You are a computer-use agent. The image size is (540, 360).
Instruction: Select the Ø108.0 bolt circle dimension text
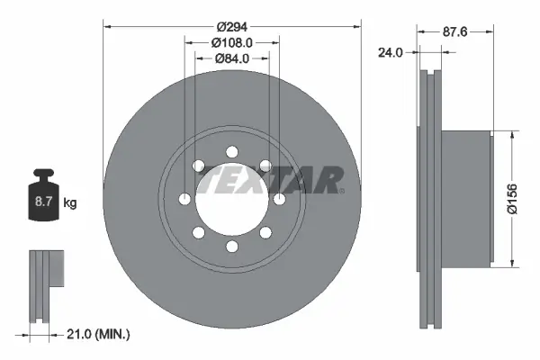(x=231, y=42)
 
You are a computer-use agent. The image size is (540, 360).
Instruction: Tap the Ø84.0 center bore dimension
(x=231, y=59)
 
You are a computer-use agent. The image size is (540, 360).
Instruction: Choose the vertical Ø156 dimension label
(x=511, y=198)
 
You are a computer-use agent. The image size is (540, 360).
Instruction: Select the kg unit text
(x=70, y=203)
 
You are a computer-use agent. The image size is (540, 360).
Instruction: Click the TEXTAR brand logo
(x=270, y=180)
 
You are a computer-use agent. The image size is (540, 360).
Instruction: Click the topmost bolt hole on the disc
(x=231, y=150)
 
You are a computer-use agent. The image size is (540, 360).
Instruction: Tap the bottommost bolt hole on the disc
(x=231, y=246)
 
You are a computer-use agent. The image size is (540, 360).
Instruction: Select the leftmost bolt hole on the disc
(x=184, y=198)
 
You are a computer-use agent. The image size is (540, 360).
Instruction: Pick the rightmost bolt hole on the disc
(x=279, y=198)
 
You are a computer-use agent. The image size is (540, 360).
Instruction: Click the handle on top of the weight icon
(x=44, y=175)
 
